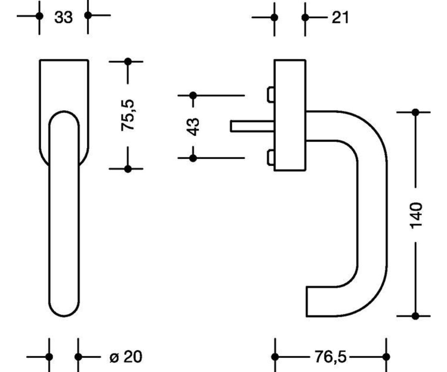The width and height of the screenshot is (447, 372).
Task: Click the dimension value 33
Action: point(63,17)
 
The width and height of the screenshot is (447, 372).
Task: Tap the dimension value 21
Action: point(340,17)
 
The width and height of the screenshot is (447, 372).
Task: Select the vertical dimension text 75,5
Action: point(128,115)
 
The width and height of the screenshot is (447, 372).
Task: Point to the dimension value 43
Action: point(193,126)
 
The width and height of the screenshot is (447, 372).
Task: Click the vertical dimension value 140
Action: point(416,215)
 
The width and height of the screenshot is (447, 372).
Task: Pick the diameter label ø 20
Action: point(126,357)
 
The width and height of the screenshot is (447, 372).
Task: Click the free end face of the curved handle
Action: point(307,302)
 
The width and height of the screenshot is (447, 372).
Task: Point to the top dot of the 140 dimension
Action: point(416,112)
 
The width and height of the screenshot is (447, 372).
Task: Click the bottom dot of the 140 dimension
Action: point(416,316)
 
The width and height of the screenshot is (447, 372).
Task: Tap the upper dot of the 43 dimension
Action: point(193,95)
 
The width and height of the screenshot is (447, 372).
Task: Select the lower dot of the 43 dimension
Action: point(193,158)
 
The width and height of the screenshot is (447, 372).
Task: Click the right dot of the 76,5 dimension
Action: point(386,357)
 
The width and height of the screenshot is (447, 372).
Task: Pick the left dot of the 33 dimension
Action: point(39,16)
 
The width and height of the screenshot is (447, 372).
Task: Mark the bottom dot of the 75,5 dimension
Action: point(128,169)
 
